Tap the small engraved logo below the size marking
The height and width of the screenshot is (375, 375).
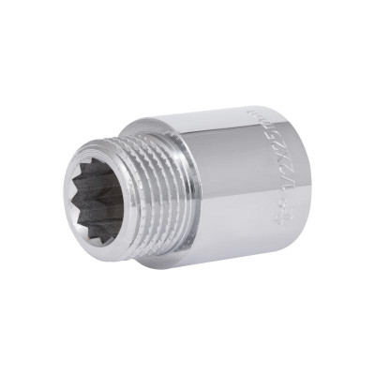[x=278, y=222]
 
